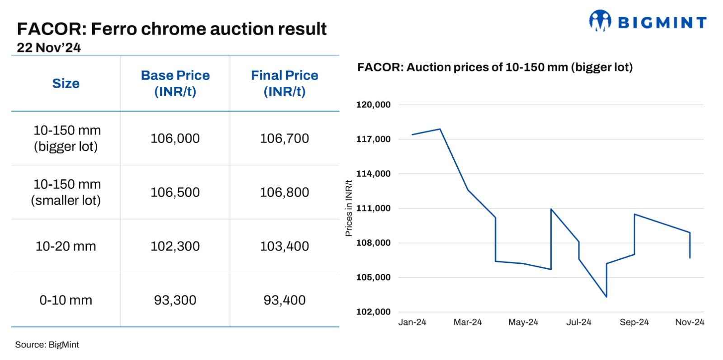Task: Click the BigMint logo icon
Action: pyautogui.click(x=600, y=21)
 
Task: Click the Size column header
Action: pyautogui.click(x=66, y=84)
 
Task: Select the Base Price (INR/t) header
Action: pyautogui.click(x=175, y=84)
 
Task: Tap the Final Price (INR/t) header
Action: pyautogui.click(x=285, y=84)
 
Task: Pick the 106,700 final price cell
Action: pyautogui.click(x=285, y=138)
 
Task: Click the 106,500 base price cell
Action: pyautogui.click(x=175, y=192)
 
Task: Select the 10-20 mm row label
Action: pyautogui.click(x=66, y=246)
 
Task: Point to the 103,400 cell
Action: pyautogui.click(x=285, y=246)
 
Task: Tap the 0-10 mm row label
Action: pyautogui.click(x=66, y=300)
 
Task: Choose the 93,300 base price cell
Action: pyautogui.click(x=175, y=300)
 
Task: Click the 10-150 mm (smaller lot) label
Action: pyautogui.click(x=66, y=192)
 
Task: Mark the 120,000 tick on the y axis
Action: pyautogui.click(x=373, y=105)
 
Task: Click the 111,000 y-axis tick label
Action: pyautogui.click(x=373, y=208)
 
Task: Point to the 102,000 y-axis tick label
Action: pyautogui.click(x=373, y=312)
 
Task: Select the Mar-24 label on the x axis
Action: pyautogui.click(x=468, y=322)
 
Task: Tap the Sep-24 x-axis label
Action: pyautogui.click(x=634, y=322)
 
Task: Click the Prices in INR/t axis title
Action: pyautogui.click(x=349, y=208)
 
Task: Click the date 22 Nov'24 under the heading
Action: pyautogui.click(x=49, y=48)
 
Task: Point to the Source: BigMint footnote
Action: pyautogui.click(x=47, y=345)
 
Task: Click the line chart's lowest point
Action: pyautogui.click(x=606, y=297)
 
